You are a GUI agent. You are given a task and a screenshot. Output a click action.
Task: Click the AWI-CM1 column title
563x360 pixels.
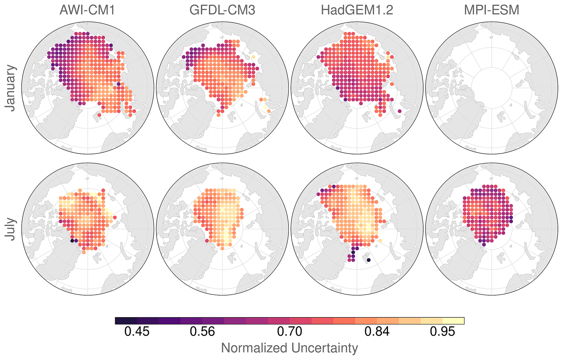click(x=87, y=10)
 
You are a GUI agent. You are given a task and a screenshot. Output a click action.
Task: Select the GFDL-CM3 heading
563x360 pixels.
click(x=222, y=10)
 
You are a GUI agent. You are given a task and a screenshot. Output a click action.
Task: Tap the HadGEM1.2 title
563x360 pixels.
click(x=357, y=10)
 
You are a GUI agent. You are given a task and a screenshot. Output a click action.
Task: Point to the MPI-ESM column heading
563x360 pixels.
click(x=491, y=10)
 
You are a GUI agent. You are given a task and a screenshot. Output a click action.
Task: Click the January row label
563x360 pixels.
click(x=11, y=88)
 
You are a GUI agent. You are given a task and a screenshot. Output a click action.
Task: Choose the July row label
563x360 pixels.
click(x=11, y=229)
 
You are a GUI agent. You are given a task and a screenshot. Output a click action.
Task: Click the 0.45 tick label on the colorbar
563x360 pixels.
click(x=137, y=332)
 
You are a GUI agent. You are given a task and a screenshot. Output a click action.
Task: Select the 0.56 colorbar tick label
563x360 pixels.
click(x=202, y=332)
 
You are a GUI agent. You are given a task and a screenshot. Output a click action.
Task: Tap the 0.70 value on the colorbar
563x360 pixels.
click(x=290, y=332)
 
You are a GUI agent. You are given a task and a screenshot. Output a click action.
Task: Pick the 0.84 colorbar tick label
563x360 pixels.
click(x=377, y=332)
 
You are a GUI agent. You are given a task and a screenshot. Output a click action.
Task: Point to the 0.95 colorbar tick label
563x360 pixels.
click(x=442, y=332)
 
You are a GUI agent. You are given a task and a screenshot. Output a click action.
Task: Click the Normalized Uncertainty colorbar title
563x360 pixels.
click(x=289, y=348)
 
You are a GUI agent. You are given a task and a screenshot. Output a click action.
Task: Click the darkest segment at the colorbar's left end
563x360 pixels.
click(x=126, y=321)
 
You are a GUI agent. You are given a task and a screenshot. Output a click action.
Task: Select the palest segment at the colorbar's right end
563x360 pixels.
click(x=454, y=321)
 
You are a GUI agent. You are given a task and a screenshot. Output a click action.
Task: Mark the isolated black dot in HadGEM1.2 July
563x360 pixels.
click(x=369, y=260)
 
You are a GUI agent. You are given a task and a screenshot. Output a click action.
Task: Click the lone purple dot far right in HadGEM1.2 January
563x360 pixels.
click(x=399, y=111)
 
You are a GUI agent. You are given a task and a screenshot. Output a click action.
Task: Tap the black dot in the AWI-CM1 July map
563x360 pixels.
click(x=72, y=241)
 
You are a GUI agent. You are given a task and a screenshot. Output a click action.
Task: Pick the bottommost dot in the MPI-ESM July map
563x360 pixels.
click(x=484, y=245)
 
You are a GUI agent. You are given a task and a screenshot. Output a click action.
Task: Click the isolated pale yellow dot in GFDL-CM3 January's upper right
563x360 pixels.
click(x=253, y=57)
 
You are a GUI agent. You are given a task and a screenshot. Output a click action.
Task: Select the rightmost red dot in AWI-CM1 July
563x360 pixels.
click(x=115, y=217)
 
